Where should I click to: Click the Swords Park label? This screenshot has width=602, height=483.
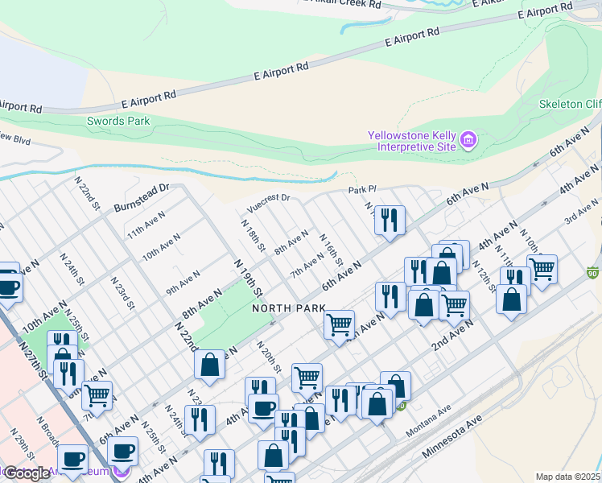(118, 122)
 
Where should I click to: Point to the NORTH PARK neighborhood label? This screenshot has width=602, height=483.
(288, 308)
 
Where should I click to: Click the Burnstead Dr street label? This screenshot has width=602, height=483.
(141, 194)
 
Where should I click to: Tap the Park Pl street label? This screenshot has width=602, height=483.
(362, 191)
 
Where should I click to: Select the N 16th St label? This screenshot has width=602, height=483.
(332, 251)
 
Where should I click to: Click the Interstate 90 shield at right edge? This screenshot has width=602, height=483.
(594, 272)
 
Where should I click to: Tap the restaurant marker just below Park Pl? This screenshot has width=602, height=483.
(390, 220)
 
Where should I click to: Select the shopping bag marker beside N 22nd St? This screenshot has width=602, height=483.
(210, 364)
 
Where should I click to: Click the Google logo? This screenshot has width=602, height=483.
(27, 473)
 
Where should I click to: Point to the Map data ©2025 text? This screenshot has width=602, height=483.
(567, 477)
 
